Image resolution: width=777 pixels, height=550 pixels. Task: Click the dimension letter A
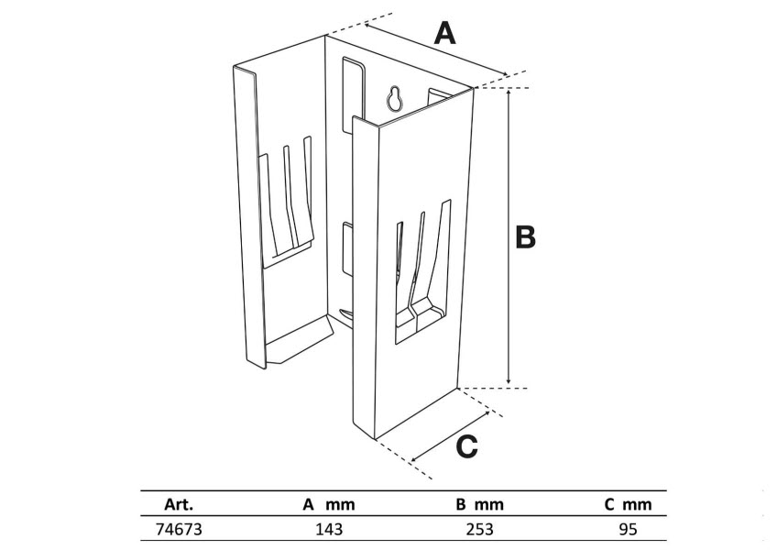[x=444, y=35]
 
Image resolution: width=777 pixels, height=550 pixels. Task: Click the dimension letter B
[x=524, y=236]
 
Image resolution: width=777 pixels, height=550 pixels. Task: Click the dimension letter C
[x=466, y=446]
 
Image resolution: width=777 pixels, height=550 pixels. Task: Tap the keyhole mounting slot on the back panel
[x=394, y=99]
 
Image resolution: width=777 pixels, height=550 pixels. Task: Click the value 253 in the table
[x=479, y=529]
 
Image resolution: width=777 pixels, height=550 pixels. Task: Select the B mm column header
[x=479, y=504]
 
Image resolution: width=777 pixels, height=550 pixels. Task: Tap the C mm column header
[x=628, y=504]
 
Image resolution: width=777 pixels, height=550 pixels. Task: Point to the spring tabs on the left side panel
[x=290, y=197]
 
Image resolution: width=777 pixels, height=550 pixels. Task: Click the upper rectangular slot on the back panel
[x=349, y=87]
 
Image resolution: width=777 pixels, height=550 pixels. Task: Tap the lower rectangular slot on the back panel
[x=345, y=248]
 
